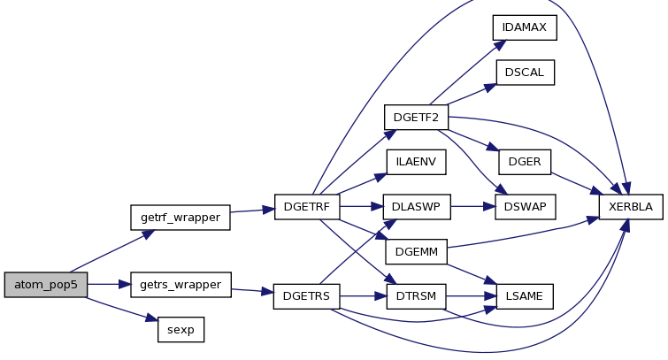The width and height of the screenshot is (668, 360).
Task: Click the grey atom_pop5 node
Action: [x=46, y=285]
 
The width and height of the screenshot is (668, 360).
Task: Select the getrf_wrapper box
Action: [x=180, y=218]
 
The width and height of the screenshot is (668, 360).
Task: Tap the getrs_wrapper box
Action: [x=180, y=285]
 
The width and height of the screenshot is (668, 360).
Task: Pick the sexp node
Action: [x=181, y=329]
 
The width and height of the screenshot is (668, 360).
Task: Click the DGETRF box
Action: [x=307, y=207]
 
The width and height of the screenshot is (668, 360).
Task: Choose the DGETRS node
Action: [x=307, y=296]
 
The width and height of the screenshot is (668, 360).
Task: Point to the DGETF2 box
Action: [x=416, y=117]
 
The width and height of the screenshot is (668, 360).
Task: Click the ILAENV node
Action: [x=416, y=162]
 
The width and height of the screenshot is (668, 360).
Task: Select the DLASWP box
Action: [x=417, y=207]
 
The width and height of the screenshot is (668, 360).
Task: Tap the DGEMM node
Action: [x=417, y=252]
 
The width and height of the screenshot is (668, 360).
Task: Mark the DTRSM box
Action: [x=416, y=296]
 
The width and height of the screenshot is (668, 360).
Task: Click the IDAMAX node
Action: [x=525, y=27]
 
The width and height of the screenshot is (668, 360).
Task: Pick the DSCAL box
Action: [x=526, y=73]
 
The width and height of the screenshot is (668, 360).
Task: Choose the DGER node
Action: [x=525, y=162]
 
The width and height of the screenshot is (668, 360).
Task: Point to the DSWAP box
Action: [x=526, y=207]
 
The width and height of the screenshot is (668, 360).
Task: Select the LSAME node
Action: [x=525, y=296]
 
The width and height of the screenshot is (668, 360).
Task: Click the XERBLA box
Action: [x=631, y=207]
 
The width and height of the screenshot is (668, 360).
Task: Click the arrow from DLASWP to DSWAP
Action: [x=472, y=207]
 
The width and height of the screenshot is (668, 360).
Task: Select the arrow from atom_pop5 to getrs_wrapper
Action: [x=109, y=284]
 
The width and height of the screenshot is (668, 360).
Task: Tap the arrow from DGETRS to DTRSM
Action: [x=364, y=295]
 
